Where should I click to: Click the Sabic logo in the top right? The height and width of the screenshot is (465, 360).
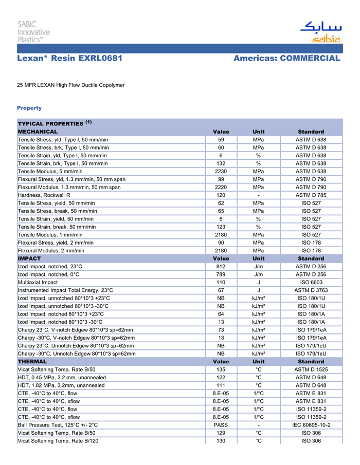click(320, 31)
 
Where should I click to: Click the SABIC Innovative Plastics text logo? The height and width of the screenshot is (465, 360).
click(34, 31)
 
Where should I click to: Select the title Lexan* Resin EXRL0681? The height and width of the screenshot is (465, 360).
click(69, 59)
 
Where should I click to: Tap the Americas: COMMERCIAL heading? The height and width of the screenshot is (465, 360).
click(286, 59)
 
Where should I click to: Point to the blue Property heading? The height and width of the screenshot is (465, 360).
click(29, 108)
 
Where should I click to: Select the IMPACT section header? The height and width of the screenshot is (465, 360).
click(29, 258)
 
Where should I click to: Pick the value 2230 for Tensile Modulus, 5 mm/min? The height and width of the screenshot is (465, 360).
click(221, 171)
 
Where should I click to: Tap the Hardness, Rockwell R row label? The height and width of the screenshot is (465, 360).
click(44, 195)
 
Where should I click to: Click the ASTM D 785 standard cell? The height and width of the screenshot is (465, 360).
click(311, 195)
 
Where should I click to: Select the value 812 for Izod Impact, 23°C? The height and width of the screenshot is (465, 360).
click(221, 267)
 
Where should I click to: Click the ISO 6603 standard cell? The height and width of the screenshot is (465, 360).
click(311, 282)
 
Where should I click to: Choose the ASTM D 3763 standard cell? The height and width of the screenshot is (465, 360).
click(311, 290)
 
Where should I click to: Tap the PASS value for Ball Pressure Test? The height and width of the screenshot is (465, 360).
click(221, 425)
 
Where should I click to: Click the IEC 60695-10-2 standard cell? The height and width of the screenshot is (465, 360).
click(311, 425)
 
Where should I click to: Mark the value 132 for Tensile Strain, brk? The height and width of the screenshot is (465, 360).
click(221, 163)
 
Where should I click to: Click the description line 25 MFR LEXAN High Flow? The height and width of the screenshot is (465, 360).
click(71, 85)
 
